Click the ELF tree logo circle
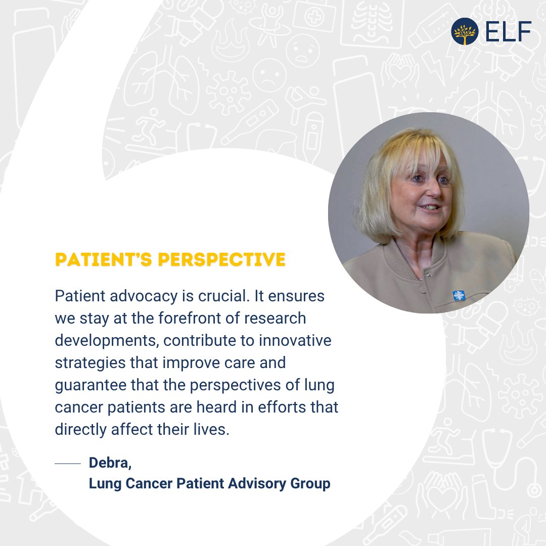point(465,31)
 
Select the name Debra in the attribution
point(110,463)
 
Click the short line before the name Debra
point(68,463)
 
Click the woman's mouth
point(430,207)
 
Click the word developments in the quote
point(108,340)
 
